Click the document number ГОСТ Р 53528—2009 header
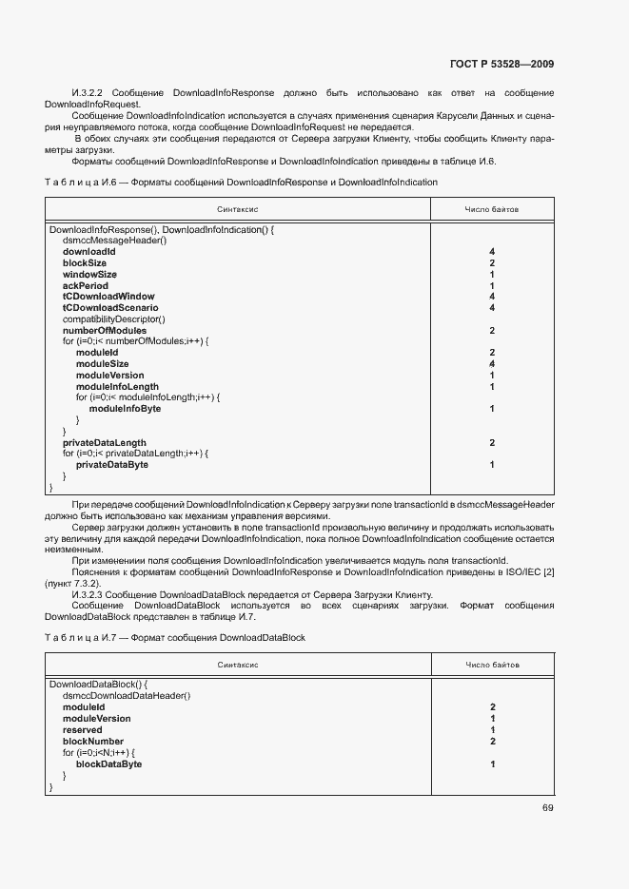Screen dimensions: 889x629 click(501, 65)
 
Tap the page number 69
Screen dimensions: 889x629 click(548, 808)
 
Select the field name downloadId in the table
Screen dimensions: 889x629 click(88, 252)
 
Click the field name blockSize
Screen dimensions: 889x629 click(85, 263)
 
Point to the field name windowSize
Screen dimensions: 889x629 click(89, 275)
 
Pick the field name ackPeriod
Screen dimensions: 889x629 click(86, 286)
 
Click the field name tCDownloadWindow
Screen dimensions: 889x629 click(108, 297)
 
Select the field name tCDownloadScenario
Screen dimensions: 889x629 click(110, 308)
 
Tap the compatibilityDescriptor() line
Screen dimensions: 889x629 click(113, 319)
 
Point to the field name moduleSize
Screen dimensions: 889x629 click(102, 364)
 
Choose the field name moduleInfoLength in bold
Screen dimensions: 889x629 click(117, 387)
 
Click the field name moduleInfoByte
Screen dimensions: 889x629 click(125, 409)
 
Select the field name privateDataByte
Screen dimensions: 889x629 click(111, 465)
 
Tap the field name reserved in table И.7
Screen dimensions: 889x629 click(83, 730)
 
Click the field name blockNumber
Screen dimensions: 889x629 click(93, 742)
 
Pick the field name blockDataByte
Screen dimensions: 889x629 click(108, 764)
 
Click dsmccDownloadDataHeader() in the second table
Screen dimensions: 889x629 click(127, 696)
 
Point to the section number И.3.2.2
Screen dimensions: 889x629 click(88, 92)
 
